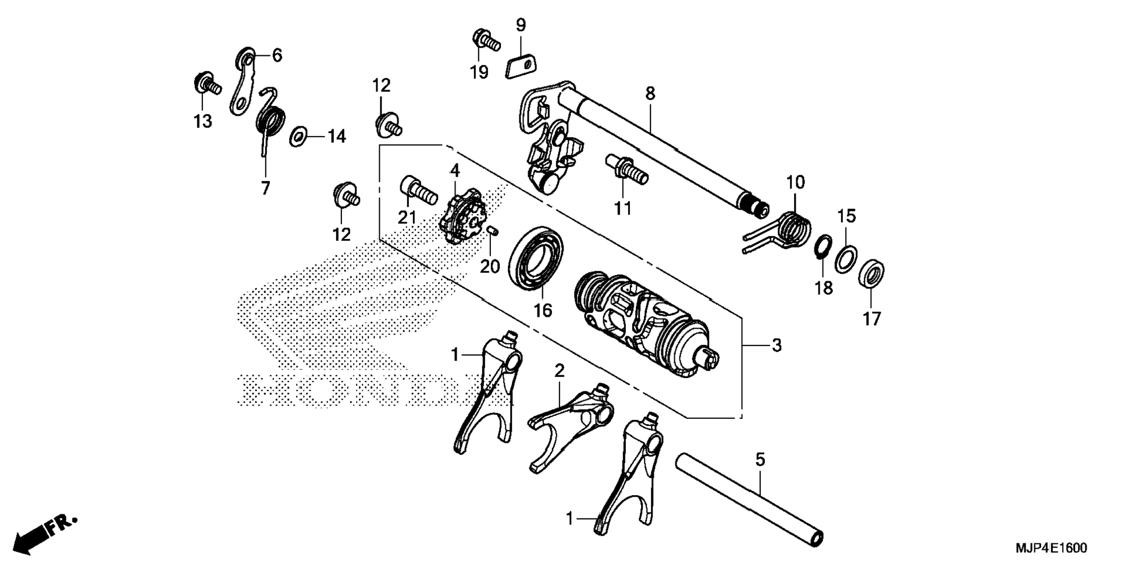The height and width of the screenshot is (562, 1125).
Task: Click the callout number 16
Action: [x=542, y=311]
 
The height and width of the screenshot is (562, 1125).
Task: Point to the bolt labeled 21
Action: [x=418, y=190]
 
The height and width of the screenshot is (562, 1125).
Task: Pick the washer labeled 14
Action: [x=298, y=137]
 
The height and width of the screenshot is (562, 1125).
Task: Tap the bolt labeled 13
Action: [x=205, y=84]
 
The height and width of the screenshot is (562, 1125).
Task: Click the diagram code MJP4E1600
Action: [x=1051, y=548]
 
